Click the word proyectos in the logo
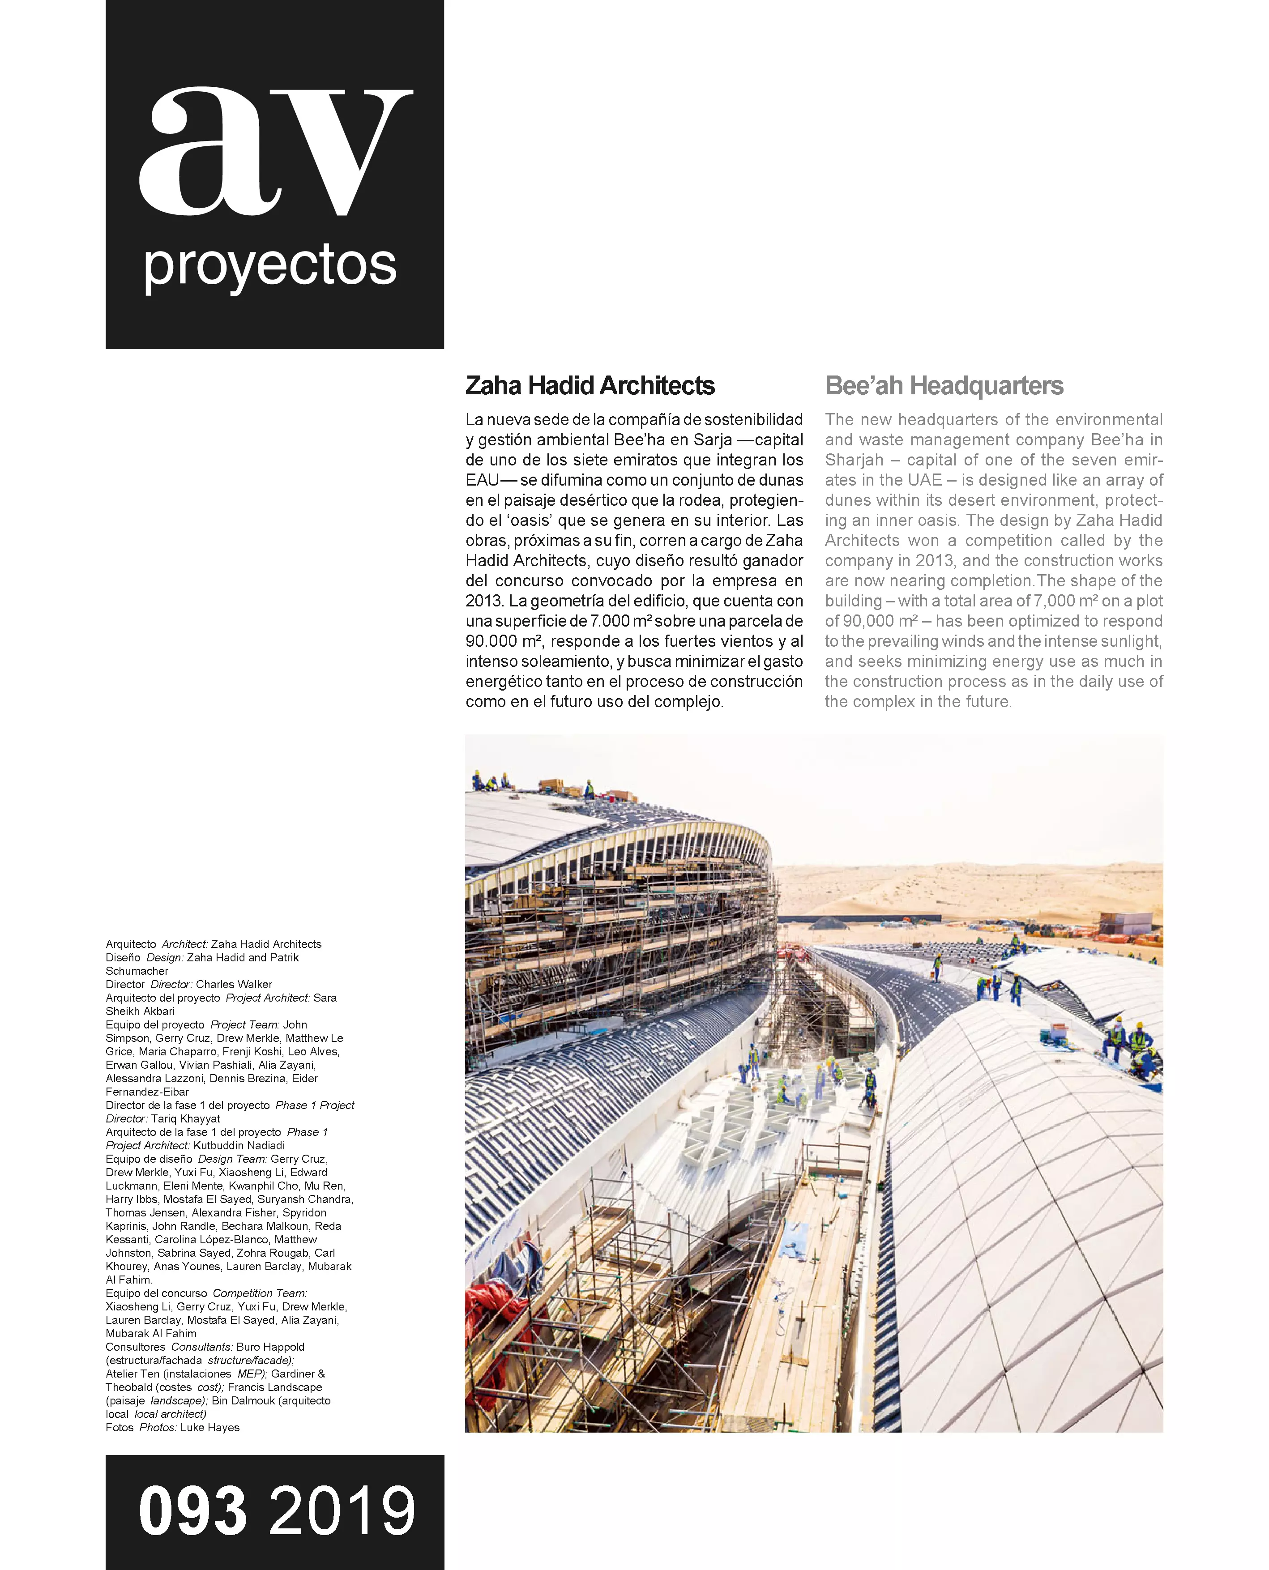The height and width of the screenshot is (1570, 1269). coord(270,266)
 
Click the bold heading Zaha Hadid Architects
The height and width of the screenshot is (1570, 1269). coord(590,386)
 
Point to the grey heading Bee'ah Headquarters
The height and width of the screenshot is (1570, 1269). coord(944,386)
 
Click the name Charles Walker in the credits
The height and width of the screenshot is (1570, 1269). coord(234,985)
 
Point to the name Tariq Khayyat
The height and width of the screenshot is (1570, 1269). coord(186,1118)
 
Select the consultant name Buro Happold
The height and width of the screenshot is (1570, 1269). coord(270,1347)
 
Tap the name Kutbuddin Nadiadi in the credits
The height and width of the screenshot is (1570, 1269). coord(239,1145)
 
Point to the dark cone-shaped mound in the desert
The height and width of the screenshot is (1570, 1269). coord(830,922)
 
